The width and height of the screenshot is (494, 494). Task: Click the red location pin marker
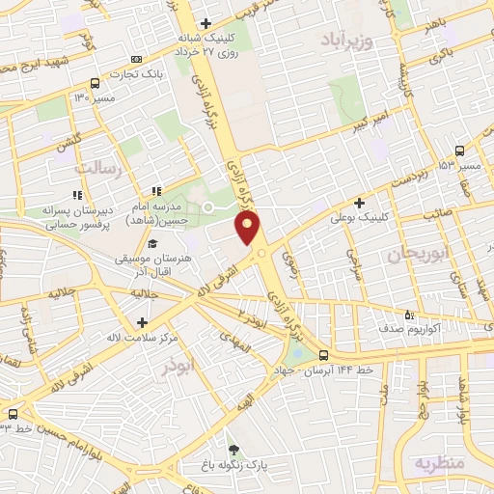249,229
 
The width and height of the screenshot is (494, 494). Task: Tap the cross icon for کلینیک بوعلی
359,204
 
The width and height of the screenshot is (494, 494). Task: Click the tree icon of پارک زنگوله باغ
233,450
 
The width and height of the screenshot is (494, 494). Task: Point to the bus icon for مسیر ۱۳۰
94,83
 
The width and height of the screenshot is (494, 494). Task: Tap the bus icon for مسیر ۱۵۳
459,151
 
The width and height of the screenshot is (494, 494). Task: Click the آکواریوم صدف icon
409,315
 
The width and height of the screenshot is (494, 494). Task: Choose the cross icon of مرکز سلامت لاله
142,322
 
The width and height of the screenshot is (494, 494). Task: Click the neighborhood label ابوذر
178,368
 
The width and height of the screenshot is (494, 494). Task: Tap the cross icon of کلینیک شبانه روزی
205,23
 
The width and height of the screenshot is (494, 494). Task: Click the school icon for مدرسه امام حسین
156,191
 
